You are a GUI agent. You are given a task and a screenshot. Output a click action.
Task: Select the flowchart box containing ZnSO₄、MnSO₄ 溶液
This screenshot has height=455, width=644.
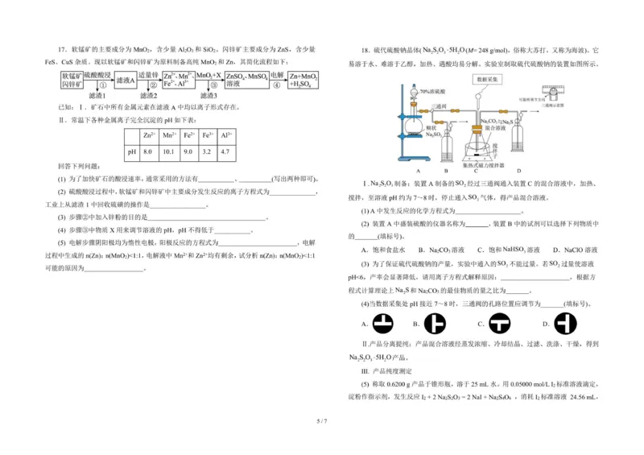(x=247, y=79)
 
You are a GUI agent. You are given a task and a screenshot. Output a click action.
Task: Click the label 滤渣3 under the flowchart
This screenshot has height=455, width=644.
(x=208, y=96)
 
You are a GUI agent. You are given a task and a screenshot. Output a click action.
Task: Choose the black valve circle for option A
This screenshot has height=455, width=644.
(x=384, y=325)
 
